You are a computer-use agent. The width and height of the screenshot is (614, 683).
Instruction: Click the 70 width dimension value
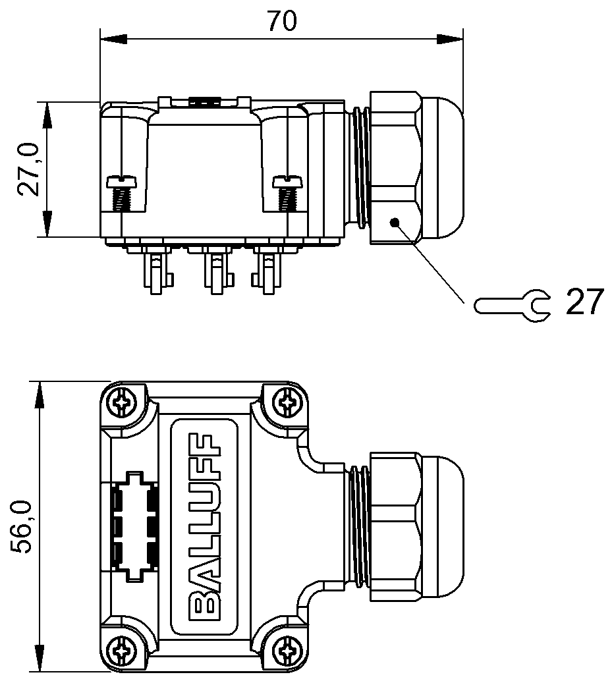282,21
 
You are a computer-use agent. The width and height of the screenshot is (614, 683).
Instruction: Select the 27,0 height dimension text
29,170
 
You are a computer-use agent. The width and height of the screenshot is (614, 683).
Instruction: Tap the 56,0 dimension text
22,527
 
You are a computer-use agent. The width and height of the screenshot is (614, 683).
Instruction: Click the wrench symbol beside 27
513,306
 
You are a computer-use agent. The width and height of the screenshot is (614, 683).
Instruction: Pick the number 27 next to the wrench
585,302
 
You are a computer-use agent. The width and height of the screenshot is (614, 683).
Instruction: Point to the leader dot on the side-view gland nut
395,223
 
